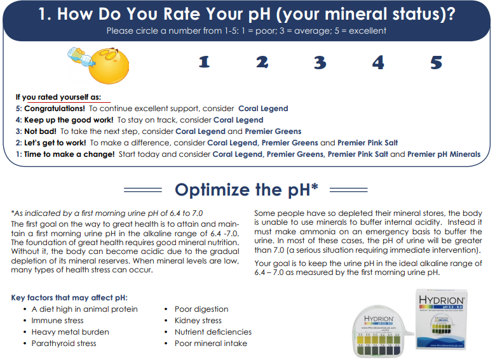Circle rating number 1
[x=204, y=62]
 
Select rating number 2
[x=262, y=62]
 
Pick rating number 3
[x=320, y=62]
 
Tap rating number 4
[x=378, y=62]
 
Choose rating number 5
[x=436, y=62]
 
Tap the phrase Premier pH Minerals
[x=444, y=154]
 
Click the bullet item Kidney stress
[x=198, y=321]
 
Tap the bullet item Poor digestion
[x=201, y=309]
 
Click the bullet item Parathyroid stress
[x=64, y=343]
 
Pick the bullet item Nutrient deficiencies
[x=213, y=332]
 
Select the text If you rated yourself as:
[x=58, y=97]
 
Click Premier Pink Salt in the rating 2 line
[x=368, y=143]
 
